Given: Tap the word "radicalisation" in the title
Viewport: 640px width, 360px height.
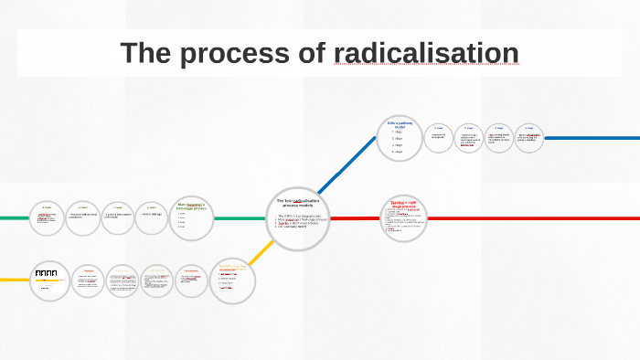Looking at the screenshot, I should (x=426, y=53).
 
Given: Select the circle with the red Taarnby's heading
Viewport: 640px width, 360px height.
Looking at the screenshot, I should (x=403, y=218).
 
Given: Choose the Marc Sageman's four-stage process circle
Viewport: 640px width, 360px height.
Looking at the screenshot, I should (x=192, y=219).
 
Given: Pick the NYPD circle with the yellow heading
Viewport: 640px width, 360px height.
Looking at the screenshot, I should (x=233, y=280).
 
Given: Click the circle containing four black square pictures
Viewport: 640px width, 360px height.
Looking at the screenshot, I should (x=47, y=279).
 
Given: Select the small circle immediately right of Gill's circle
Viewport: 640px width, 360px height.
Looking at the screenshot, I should (x=439, y=138).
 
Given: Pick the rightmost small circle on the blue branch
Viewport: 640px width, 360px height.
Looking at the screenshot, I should (x=529, y=138).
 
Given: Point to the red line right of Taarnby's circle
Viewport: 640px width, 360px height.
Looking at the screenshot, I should (x=530, y=218).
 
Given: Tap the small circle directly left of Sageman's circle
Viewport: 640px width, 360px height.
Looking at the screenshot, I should (x=154, y=217).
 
